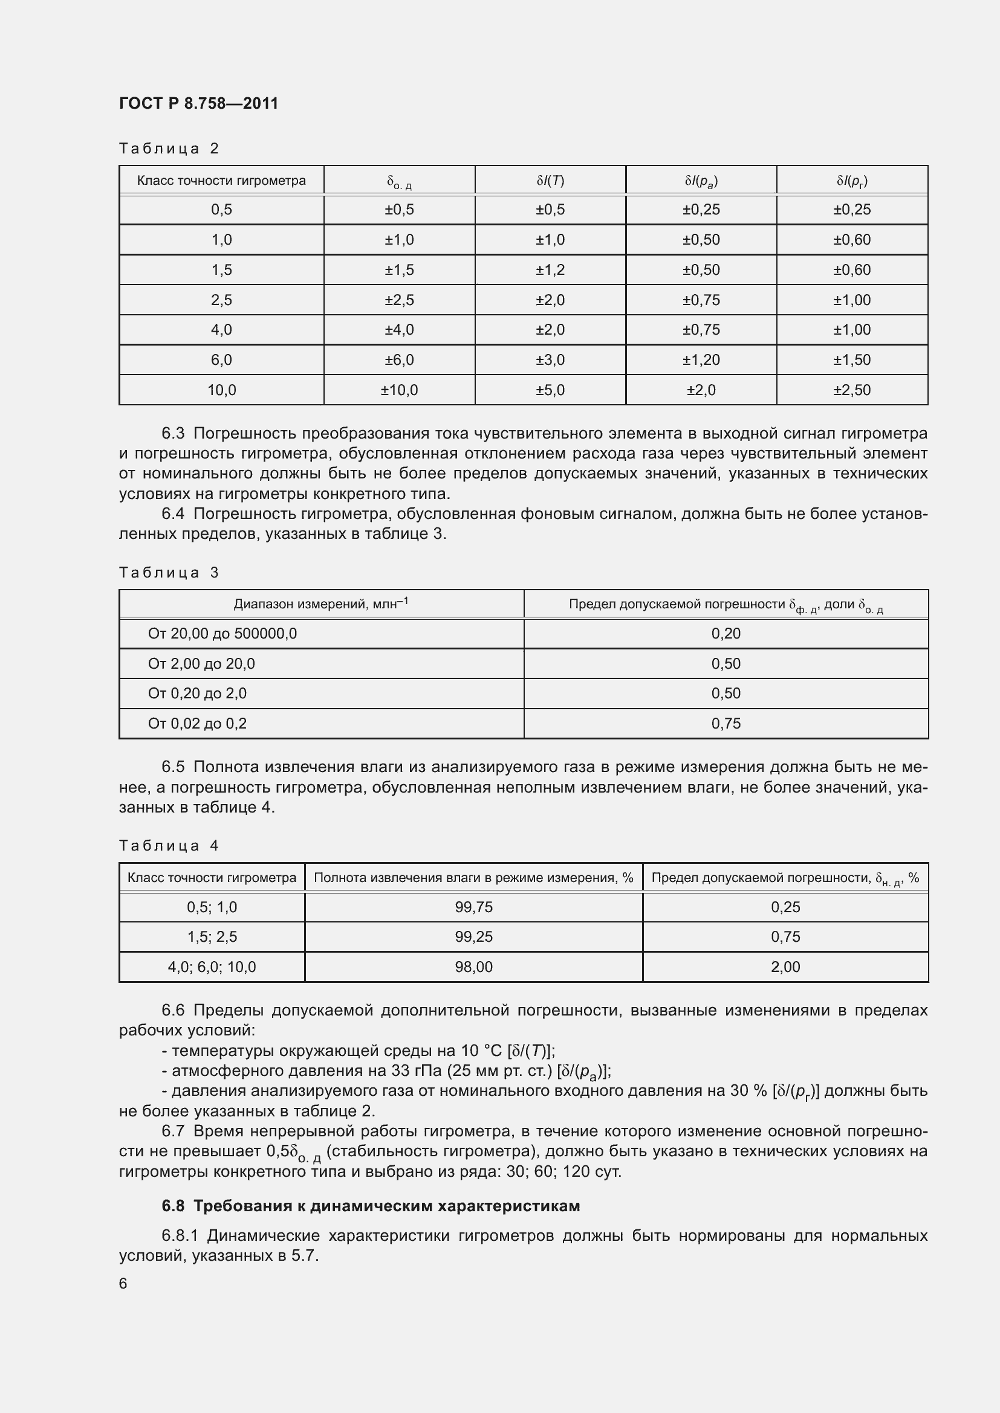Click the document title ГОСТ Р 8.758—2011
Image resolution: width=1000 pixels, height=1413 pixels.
[x=198, y=103]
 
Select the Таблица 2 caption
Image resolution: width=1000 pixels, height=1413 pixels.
[x=169, y=149]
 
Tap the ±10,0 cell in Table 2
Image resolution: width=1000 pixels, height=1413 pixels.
[x=399, y=390]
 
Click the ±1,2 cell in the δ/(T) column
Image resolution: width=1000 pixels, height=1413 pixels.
[x=550, y=269]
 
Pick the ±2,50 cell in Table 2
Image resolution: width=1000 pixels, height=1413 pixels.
[x=852, y=390]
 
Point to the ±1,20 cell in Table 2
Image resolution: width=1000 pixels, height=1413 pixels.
[x=701, y=360]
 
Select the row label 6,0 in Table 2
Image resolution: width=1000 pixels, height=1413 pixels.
[x=222, y=360]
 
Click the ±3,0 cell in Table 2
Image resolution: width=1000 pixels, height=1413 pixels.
[x=550, y=360]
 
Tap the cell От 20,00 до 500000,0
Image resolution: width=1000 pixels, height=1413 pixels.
[x=222, y=633]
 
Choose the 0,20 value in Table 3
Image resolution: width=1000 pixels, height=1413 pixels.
[x=726, y=633]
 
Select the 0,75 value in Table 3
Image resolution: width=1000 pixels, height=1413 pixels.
[x=726, y=724]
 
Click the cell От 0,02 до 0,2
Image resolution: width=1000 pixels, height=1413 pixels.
[x=197, y=724]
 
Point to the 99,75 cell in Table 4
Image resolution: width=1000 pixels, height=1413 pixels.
[x=473, y=907]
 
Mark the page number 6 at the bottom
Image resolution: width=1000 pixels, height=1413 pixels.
[x=123, y=1284]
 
